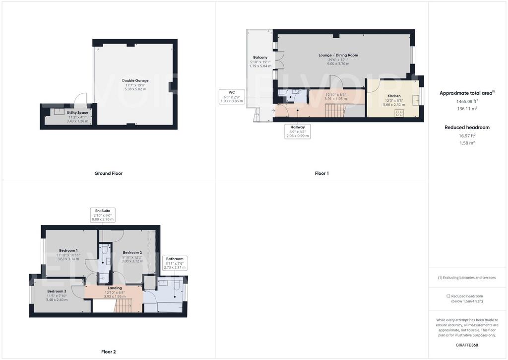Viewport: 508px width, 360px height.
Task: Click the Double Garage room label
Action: tap(135, 80)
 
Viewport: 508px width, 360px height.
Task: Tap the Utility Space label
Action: tap(77, 113)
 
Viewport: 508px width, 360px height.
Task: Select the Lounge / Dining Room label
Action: tap(338, 55)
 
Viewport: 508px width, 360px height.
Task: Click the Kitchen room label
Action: tap(394, 96)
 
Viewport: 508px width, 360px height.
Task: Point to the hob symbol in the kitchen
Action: tap(399, 113)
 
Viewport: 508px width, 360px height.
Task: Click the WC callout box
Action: tap(232, 97)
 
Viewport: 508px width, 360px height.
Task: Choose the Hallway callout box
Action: tap(298, 132)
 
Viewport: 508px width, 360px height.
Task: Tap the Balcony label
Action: tap(260, 58)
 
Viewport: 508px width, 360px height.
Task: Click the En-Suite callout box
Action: tap(103, 215)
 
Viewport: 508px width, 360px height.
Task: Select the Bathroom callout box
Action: tap(175, 263)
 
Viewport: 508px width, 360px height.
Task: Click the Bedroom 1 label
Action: tap(68, 250)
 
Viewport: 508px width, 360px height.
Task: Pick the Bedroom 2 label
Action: tap(132, 252)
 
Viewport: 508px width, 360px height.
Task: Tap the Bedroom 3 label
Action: tap(57, 291)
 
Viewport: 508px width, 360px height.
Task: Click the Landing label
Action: tap(115, 288)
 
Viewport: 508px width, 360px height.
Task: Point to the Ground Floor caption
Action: tap(109, 173)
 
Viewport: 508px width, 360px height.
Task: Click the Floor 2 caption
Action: tap(109, 352)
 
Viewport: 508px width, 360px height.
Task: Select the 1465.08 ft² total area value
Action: tap(467, 101)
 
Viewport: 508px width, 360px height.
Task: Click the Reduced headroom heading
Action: tap(467, 128)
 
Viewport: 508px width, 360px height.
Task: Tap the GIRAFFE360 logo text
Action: tap(467, 345)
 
